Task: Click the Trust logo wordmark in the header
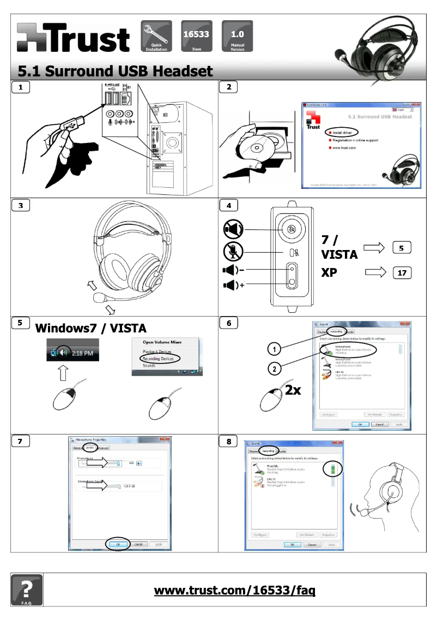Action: point(74,38)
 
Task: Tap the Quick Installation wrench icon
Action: point(156,35)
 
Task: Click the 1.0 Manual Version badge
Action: point(237,35)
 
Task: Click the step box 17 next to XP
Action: point(402,272)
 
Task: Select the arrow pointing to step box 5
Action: point(374,248)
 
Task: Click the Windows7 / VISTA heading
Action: point(90,328)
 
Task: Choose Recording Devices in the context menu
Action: point(158,359)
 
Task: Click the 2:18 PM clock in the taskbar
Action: point(82,353)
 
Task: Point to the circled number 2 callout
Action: point(276,370)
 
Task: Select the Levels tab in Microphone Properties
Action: point(90,448)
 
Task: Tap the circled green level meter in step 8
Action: point(331,468)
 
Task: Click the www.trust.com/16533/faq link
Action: point(235,590)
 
